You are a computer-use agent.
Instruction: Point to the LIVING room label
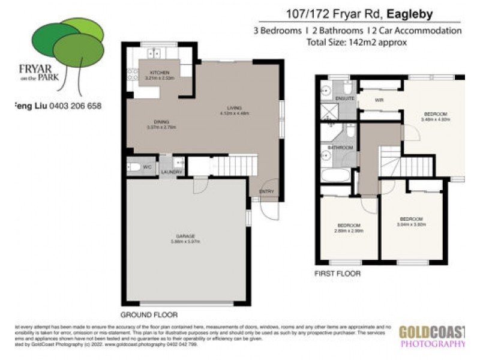226,107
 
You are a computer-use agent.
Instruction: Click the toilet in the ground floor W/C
134,166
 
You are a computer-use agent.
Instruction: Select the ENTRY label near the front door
266,191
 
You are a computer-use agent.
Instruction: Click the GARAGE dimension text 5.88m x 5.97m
185,242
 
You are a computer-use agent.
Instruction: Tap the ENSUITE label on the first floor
344,98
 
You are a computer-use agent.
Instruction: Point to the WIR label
379,100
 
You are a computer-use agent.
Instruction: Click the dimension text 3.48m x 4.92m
435,119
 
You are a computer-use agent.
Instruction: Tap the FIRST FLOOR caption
338,274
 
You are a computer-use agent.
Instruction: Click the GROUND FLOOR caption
149,314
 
